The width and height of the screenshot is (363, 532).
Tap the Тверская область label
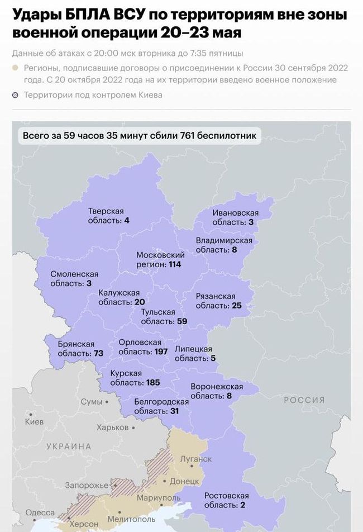point(106,216)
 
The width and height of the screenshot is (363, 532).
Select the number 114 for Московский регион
point(175,264)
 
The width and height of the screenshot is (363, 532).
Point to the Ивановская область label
point(235,217)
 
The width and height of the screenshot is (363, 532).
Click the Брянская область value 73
point(98,354)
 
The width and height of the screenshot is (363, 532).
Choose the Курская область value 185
point(152,383)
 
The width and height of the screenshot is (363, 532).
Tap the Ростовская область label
point(226,500)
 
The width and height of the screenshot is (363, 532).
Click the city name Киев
point(34,421)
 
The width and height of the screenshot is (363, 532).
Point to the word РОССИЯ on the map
point(304,400)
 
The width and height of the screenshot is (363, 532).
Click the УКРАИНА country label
point(69,446)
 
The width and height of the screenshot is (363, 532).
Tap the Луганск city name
point(196,459)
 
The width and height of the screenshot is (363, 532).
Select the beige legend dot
point(16,68)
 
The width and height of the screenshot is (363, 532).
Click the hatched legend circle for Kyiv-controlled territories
point(16,95)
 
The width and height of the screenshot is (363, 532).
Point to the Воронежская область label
point(217,391)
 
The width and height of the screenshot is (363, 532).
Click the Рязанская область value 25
point(236,306)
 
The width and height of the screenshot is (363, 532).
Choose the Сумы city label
point(92,402)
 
